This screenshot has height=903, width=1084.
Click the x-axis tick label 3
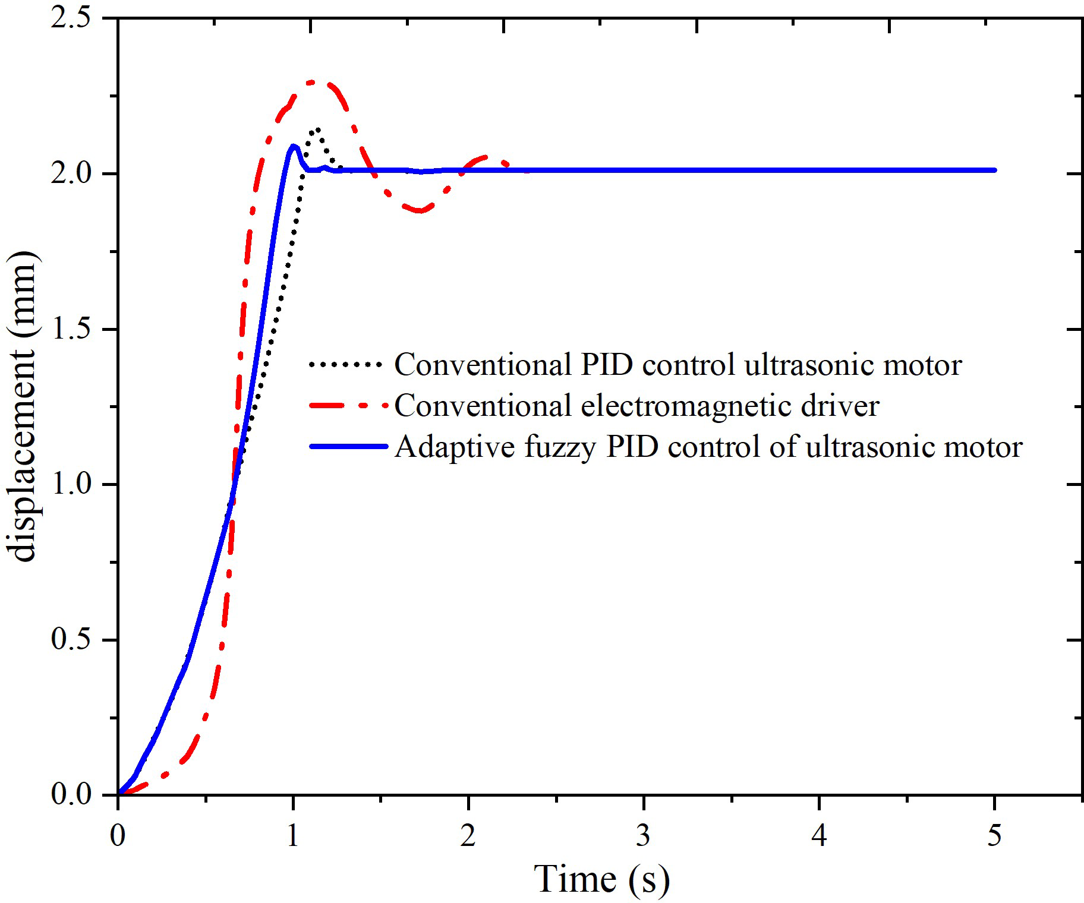click(x=644, y=836)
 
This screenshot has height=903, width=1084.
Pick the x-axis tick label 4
click(x=819, y=836)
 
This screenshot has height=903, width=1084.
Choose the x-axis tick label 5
click(x=994, y=836)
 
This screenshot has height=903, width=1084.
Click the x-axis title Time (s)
click(x=601, y=879)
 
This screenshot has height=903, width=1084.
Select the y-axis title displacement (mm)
click(x=25, y=408)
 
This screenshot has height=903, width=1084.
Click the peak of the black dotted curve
click(x=319, y=129)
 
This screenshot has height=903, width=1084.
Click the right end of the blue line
click(x=994, y=171)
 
